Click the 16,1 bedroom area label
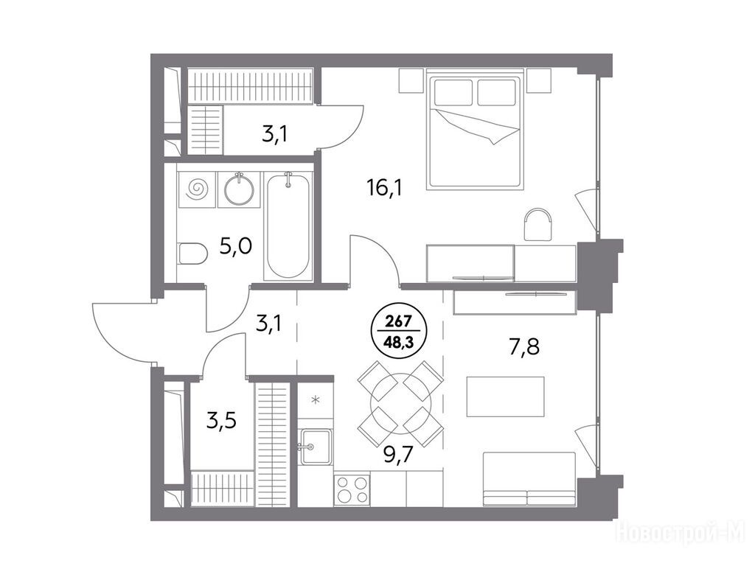pos(384,187)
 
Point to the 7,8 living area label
pos(524,346)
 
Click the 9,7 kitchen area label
pos(399,453)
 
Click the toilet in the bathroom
pos(192,254)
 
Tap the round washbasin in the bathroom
pos(240,189)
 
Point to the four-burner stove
pos(352,489)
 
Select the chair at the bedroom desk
pos(537,224)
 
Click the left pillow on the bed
pos(453,92)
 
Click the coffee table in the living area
pos(505,396)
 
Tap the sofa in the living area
pos(529,479)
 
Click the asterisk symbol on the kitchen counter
pos(316,399)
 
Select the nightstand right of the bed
pos(538,80)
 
